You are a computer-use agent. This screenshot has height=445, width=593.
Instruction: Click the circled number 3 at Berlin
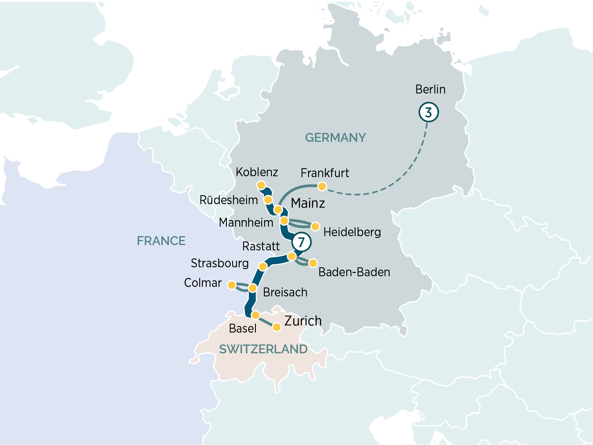(x=428, y=112)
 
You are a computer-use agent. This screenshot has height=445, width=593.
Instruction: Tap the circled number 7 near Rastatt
(x=301, y=242)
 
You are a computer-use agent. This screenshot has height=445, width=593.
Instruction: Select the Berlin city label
(x=430, y=89)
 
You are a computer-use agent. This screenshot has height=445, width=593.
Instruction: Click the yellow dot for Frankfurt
(x=322, y=186)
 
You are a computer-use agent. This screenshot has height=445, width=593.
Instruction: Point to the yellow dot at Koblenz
(x=261, y=185)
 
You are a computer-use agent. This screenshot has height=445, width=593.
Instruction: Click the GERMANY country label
(x=335, y=138)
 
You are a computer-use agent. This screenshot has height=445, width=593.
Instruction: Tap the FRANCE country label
(x=161, y=241)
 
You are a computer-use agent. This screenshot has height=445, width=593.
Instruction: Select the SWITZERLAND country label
(x=263, y=349)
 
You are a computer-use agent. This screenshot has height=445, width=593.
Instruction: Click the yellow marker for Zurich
(x=277, y=327)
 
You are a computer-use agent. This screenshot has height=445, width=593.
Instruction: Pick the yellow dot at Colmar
(x=232, y=285)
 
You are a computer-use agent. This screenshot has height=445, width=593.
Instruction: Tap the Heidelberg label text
(x=352, y=232)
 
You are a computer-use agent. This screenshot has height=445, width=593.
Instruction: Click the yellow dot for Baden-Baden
(x=313, y=263)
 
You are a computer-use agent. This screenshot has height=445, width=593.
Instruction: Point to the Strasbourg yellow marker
(x=263, y=266)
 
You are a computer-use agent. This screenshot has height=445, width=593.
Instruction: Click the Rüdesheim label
(x=229, y=200)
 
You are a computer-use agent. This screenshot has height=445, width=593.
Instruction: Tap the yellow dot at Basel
(x=255, y=315)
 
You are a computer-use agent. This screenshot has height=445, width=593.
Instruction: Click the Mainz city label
(x=308, y=203)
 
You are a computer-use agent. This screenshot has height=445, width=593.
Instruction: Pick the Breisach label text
(x=285, y=292)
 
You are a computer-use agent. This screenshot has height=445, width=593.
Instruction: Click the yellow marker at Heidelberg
(x=315, y=226)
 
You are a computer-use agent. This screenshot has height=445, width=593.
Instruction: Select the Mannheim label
(x=246, y=223)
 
